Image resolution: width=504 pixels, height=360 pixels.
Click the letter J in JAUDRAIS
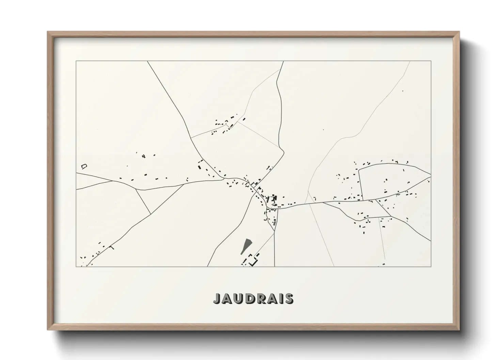click(217, 299)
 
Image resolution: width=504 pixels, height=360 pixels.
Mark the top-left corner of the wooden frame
click(48, 32)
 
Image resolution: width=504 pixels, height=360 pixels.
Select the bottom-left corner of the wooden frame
click(48, 330)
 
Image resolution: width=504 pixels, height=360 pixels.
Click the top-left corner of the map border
click(76, 61)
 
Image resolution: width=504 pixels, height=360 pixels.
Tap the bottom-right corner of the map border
click(431, 266)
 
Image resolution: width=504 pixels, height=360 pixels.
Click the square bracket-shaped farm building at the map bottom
click(252, 262)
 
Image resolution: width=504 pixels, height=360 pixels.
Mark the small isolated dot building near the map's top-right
click(403, 91)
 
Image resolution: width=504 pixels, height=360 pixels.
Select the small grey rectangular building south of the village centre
click(275, 223)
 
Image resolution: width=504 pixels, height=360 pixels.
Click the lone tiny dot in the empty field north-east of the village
click(323, 130)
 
